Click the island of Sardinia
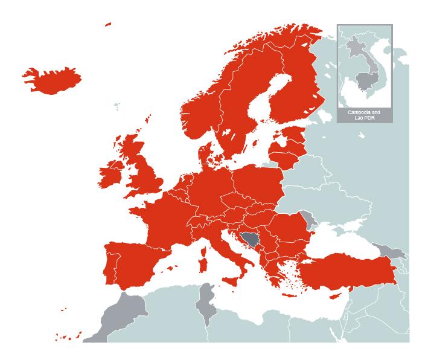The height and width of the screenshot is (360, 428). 203,265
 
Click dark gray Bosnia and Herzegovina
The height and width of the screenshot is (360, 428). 249,242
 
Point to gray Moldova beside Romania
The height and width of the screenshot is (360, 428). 311,219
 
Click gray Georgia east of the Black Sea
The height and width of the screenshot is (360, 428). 390,250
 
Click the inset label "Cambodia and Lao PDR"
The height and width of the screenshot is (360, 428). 365,115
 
